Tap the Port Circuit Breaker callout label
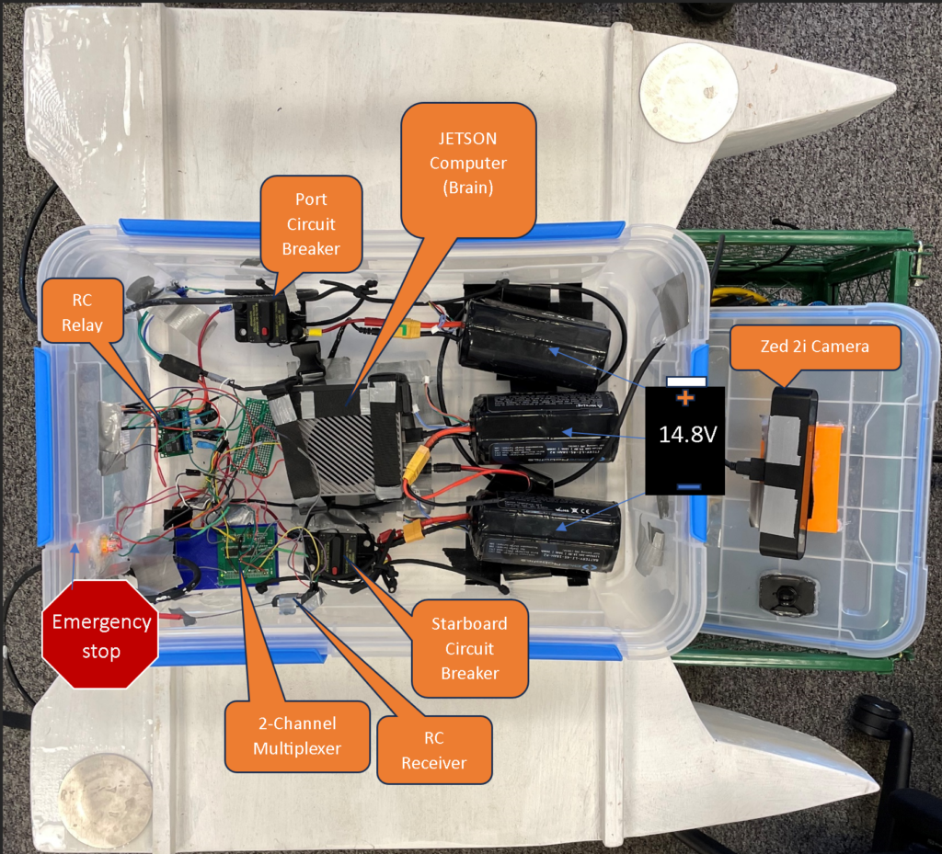tap(311, 223)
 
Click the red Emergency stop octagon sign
tap(100, 635)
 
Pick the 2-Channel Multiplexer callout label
tap(296, 735)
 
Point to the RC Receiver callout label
tap(433, 750)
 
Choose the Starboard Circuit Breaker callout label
tap(469, 648)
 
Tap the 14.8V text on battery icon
tap(685, 435)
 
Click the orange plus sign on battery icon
tap(684, 398)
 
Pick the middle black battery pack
tap(546, 429)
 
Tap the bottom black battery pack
tap(545, 530)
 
